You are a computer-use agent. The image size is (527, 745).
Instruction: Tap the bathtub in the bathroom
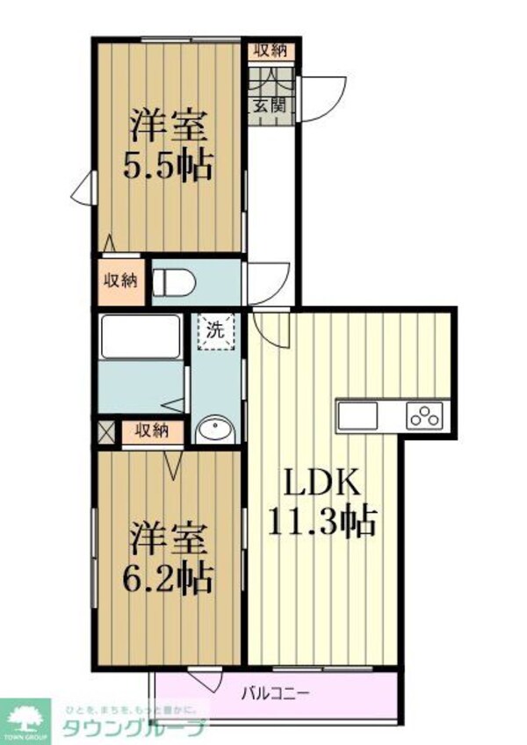[141, 336]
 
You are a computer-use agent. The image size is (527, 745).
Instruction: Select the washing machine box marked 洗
[216, 332]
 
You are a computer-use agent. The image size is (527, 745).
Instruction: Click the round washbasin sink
[215, 430]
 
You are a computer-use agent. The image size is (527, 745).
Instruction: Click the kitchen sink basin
[357, 414]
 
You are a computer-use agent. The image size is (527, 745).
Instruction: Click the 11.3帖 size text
[321, 522]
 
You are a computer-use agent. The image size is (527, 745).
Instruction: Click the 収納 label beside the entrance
[269, 50]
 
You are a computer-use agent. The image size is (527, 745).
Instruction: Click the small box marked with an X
[106, 430]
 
